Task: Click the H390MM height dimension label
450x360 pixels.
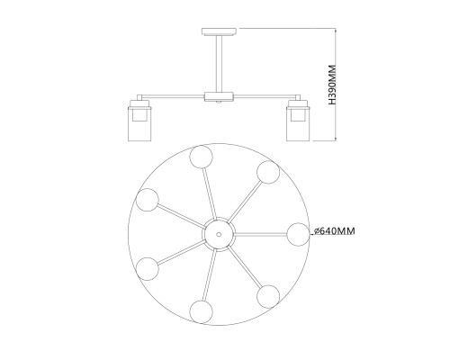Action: [333, 85]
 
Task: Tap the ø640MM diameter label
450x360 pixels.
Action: [334, 231]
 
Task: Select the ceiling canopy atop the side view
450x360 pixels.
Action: [219, 31]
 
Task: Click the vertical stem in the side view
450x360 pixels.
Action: [219, 63]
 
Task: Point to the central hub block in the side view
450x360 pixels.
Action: [219, 96]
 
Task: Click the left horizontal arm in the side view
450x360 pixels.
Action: [173, 96]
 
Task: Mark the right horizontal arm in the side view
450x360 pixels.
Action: [265, 96]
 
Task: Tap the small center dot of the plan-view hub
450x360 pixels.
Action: [219, 234]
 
